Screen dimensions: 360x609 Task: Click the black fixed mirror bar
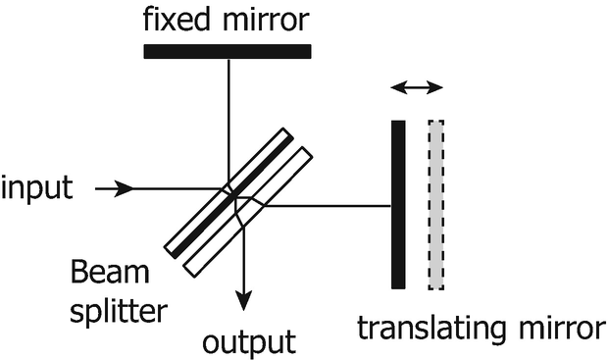pos(228,51)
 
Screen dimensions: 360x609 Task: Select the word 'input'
pos(37,187)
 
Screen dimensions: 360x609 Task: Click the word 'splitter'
pos(119,313)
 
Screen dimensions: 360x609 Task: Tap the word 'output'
pos(248,342)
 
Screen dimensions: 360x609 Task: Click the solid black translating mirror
pos(398,204)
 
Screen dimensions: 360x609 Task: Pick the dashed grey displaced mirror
pos(436,204)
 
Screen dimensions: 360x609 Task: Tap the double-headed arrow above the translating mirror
pos(417,89)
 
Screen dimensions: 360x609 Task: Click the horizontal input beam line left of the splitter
pos(167,188)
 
